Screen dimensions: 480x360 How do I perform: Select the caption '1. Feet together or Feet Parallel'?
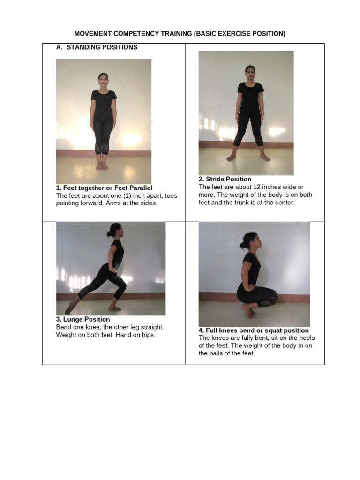click(104, 188)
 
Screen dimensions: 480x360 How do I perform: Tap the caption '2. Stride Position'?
click(225, 179)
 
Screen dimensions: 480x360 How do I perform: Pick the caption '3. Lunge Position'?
click(83, 320)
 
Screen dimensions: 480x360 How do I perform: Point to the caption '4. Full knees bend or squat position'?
click(254, 330)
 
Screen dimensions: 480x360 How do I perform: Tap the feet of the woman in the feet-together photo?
click(102, 165)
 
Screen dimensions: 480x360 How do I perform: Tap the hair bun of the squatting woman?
click(242, 245)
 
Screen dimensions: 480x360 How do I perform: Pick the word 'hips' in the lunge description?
click(148, 335)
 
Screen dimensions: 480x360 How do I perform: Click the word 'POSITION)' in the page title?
click(268, 34)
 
